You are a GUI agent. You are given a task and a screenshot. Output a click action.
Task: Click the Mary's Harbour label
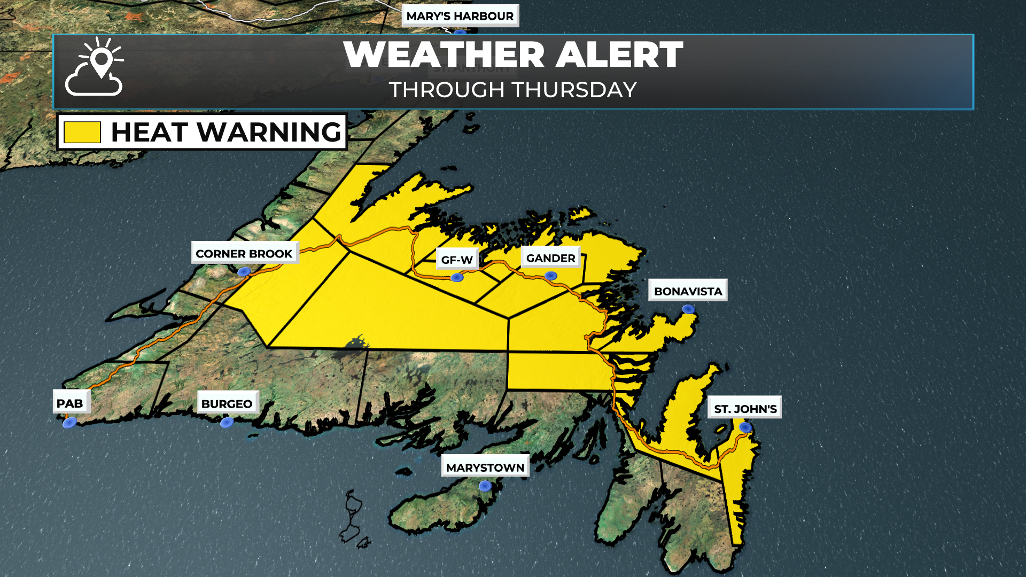pos(460,16)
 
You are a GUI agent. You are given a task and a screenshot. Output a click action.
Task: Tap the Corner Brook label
pos(244,253)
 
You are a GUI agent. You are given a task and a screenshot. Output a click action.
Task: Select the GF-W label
pos(457,260)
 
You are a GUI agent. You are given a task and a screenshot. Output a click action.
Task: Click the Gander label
pos(550,258)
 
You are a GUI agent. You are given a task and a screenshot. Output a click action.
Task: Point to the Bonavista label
pos(688,291)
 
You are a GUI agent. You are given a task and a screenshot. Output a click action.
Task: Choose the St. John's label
pos(745,409)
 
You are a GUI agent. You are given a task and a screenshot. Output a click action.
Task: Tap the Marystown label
pos(485,467)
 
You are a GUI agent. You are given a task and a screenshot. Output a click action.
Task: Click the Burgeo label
pos(227,403)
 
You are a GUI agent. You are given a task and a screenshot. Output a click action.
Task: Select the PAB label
pos(70,403)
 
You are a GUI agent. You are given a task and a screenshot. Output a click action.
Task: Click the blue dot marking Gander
pos(551,276)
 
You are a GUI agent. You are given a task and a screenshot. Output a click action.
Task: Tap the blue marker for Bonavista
pos(688,309)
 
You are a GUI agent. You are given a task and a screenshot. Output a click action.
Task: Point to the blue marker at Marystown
pos(485,486)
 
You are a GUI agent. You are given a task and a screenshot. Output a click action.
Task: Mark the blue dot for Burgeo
pos(227,423)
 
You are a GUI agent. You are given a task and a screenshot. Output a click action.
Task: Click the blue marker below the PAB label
pos(69,423)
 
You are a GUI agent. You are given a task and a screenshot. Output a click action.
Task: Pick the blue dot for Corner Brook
pos(244,272)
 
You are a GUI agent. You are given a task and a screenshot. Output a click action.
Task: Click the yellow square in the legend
pos(82,132)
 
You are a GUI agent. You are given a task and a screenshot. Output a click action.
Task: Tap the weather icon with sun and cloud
pos(95,67)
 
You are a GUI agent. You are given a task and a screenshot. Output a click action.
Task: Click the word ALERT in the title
pos(619,54)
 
